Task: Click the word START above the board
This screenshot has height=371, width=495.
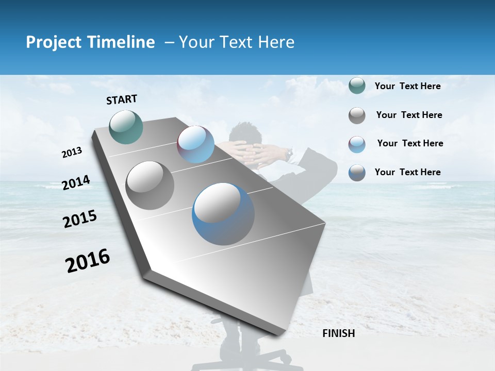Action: pos(122,99)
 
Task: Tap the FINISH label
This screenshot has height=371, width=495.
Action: pos(338,333)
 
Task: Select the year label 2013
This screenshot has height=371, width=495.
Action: pos(72,153)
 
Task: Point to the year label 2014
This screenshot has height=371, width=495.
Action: pos(76,183)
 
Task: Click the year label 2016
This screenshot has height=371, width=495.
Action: pos(88,261)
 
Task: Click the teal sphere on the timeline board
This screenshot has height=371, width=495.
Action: pos(126,127)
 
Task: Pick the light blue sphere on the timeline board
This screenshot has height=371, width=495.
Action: pos(195,144)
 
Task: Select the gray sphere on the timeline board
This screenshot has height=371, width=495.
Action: pos(150,185)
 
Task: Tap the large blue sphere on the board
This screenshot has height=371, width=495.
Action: pos(223,213)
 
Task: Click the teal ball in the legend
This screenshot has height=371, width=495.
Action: pos(357,86)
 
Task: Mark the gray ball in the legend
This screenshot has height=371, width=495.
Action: pos(357,115)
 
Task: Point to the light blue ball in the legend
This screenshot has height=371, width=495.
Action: pos(357,144)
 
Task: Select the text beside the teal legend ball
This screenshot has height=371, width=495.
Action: pos(407,87)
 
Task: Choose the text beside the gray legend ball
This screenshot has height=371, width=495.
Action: pos(409,115)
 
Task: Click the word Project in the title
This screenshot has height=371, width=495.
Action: pos(53,42)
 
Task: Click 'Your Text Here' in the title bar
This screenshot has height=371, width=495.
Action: pos(237,42)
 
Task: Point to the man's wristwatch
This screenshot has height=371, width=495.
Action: pos(290,153)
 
